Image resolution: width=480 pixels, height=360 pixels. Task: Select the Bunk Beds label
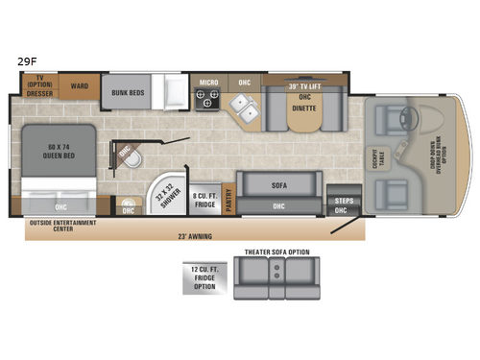[127, 93]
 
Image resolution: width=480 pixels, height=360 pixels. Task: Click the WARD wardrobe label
[80, 86]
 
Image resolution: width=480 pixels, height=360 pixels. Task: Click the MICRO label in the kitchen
[208, 83]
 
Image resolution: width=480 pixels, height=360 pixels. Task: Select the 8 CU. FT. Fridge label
[204, 199]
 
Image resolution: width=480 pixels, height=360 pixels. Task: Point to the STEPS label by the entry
[343, 201]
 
